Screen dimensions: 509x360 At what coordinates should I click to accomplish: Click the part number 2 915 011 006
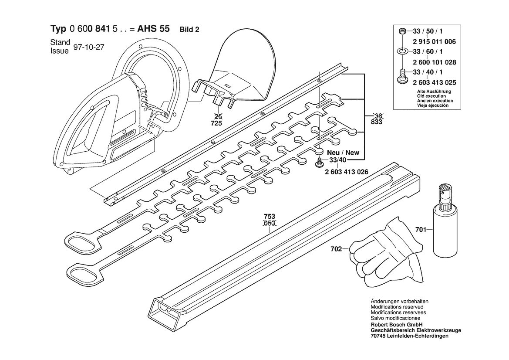click(x=435, y=41)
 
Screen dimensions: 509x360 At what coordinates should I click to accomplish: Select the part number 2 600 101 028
click(x=435, y=62)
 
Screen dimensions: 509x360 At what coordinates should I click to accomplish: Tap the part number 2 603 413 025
click(x=435, y=82)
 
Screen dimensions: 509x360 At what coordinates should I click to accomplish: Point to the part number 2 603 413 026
click(x=346, y=172)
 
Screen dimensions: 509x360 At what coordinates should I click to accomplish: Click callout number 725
click(x=216, y=123)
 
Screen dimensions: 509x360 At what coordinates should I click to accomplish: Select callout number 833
click(x=376, y=122)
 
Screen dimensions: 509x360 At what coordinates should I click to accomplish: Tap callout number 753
click(x=270, y=216)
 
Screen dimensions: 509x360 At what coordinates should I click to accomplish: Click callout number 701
click(x=421, y=230)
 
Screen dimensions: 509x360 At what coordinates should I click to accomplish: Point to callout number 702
click(x=336, y=249)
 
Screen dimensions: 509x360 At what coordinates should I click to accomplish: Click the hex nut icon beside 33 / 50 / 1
click(x=402, y=31)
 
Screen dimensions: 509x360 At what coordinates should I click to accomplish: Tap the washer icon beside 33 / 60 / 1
click(x=402, y=51)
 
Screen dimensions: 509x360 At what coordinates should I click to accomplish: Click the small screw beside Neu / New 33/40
click(x=319, y=162)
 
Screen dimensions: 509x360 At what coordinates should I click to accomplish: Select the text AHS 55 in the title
click(x=153, y=29)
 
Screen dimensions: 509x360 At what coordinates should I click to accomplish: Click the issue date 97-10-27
click(x=89, y=47)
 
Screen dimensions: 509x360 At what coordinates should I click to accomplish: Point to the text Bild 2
click(x=189, y=30)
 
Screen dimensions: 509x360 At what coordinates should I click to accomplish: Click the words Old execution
click(x=431, y=96)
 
